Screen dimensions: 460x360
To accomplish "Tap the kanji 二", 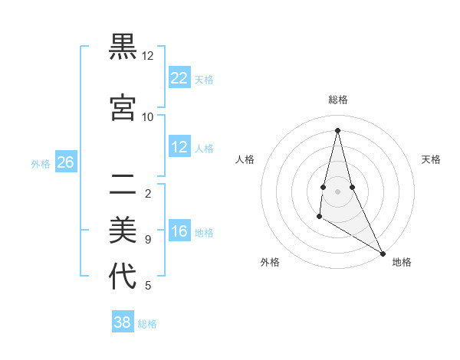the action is (123, 183).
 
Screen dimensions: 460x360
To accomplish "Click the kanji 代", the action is (123, 276).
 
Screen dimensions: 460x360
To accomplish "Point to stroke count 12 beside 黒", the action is (147, 56).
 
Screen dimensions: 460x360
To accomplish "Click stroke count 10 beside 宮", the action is (147, 116).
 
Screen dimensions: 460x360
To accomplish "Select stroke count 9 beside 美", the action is (147, 240).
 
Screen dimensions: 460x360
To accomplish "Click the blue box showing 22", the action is (179, 78).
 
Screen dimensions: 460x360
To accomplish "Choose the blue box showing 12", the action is (179, 147).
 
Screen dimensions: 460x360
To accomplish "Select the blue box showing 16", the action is (179, 231).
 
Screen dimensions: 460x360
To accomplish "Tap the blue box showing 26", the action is (65, 162).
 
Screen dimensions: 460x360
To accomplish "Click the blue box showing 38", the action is (123, 322).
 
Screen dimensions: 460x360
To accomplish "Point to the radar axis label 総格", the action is (338, 100).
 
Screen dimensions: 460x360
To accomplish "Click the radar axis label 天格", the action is (431, 159).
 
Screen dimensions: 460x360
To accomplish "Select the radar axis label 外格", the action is (270, 262).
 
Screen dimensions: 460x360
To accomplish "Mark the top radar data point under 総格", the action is (337, 130).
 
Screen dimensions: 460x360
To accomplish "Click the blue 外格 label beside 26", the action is (41, 163).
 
